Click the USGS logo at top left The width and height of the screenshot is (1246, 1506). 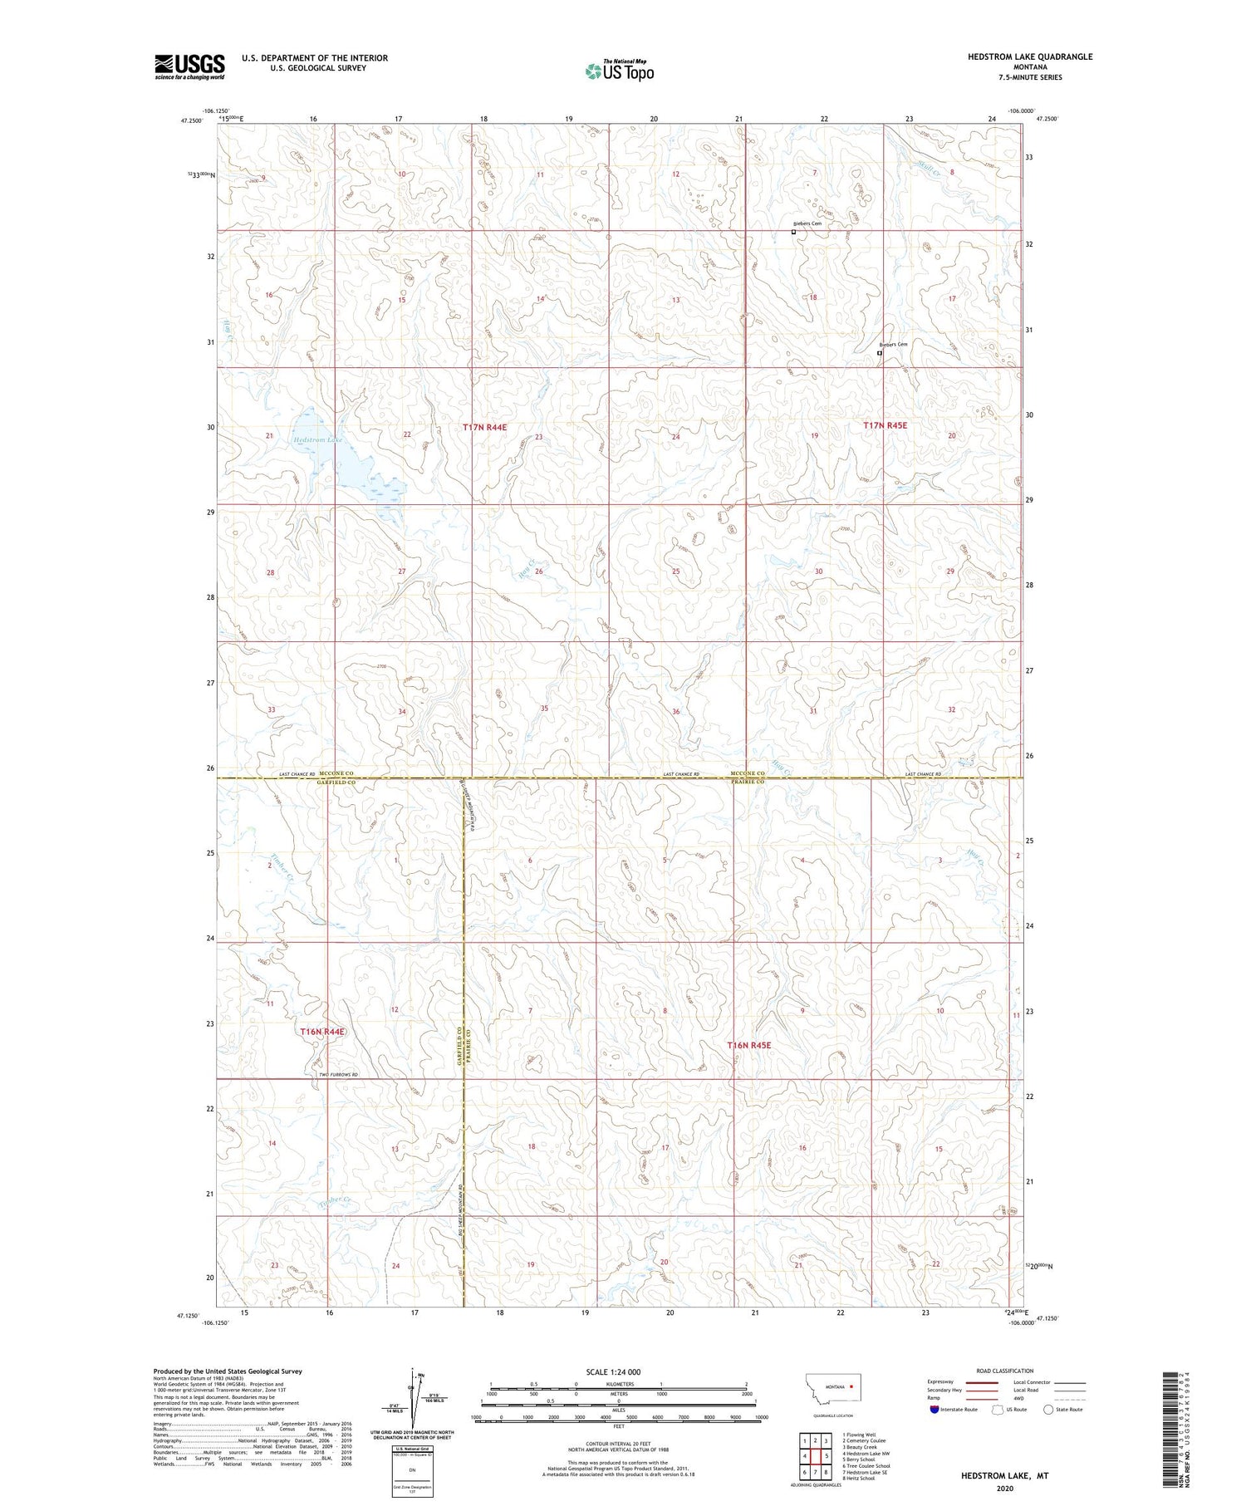(x=189, y=66)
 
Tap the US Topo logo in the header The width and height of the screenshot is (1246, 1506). (x=619, y=71)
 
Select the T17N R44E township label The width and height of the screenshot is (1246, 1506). (x=484, y=427)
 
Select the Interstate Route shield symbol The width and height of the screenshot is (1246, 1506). (x=934, y=1409)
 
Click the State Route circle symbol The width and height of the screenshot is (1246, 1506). (x=1048, y=1409)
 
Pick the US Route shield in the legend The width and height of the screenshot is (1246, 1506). (x=998, y=1409)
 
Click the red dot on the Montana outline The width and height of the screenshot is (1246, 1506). (x=851, y=1386)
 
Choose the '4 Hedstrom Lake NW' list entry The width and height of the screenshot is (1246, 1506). (x=866, y=1453)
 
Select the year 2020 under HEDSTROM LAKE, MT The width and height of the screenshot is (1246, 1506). (x=1004, y=1488)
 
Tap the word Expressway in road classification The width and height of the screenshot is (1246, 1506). (x=940, y=1382)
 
